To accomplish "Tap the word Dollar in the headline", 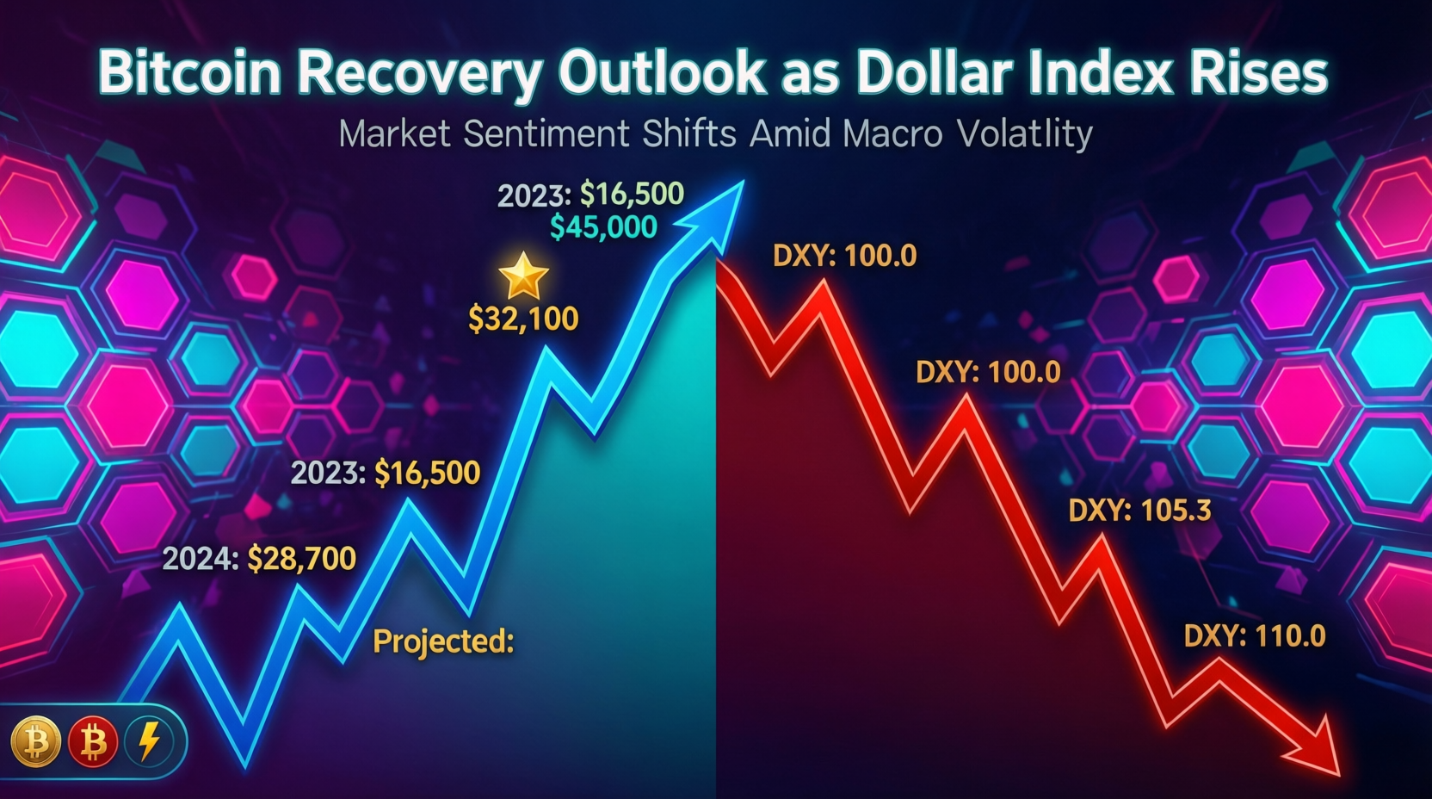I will [x=935, y=73].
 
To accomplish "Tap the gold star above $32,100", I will [x=523, y=276].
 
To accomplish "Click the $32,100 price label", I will [x=523, y=319].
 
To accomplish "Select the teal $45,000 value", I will [x=603, y=227].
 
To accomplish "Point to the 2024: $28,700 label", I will [x=259, y=559].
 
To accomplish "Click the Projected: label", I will [x=443, y=641].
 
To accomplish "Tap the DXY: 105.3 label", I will [x=1139, y=511].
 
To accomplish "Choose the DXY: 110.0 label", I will [x=1254, y=636].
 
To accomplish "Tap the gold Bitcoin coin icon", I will [x=35, y=741].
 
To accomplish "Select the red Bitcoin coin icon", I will [x=93, y=741].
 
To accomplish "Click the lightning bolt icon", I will [x=149, y=741].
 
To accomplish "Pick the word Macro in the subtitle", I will [x=892, y=134].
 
